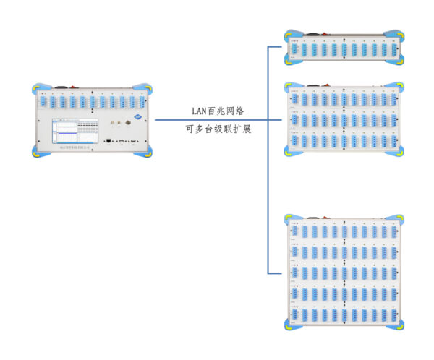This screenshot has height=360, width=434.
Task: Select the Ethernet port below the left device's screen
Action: tap(107, 142)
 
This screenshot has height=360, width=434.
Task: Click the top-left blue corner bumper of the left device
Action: tap(38, 90)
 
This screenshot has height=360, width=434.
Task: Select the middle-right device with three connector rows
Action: tap(344, 119)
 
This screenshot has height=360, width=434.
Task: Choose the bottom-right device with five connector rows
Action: tap(344, 272)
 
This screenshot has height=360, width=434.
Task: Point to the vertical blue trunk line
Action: tap(268, 159)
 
